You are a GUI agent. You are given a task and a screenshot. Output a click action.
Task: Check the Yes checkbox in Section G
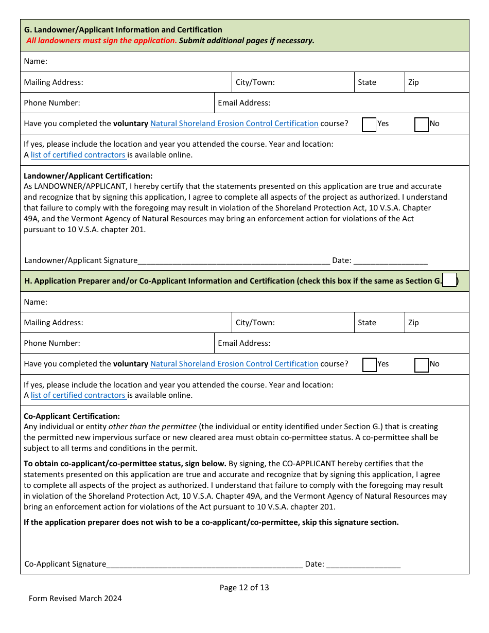[369, 125]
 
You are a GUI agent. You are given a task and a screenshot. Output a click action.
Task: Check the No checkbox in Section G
[421, 125]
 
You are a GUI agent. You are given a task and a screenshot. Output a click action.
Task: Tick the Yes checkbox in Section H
[369, 365]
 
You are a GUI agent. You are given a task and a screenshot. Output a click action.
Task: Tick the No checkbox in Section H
[421, 365]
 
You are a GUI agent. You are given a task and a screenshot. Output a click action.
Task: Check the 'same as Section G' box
[449, 280]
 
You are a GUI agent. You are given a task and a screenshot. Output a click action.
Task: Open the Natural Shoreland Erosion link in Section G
[234, 124]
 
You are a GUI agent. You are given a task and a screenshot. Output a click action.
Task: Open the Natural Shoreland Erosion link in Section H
[234, 364]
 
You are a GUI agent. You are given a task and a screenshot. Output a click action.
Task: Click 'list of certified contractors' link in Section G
[78, 155]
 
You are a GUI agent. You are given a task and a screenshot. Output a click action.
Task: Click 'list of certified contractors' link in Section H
[78, 395]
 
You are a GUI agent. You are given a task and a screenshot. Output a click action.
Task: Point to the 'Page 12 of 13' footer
[244, 588]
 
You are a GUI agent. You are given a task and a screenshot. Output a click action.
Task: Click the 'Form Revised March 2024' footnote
[75, 599]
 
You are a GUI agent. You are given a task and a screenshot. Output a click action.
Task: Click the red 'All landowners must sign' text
[101, 41]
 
